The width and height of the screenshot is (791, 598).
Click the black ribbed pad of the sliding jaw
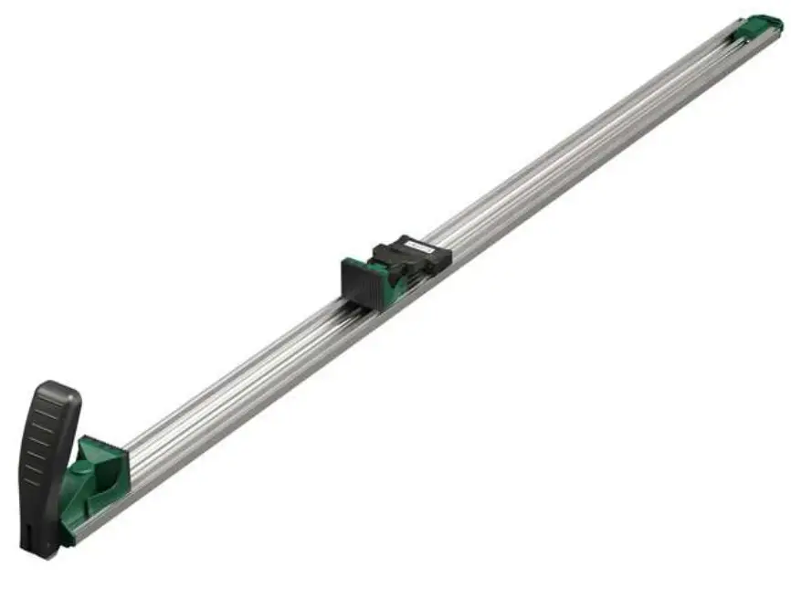362,283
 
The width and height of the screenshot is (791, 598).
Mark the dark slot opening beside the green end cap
736,31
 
